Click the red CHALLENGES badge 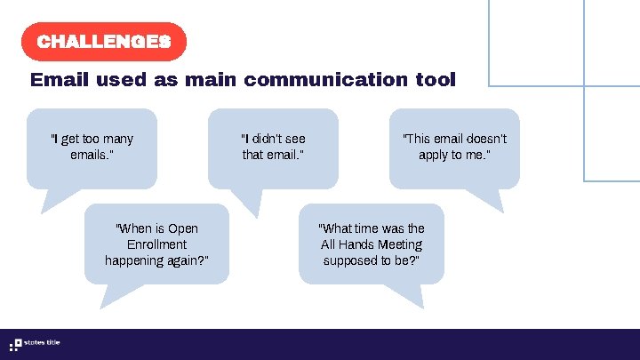click(x=103, y=42)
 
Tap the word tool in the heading click(x=435, y=80)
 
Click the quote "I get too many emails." click(x=92, y=147)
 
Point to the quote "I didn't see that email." click(x=273, y=147)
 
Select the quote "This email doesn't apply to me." click(x=454, y=147)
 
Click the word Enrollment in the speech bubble click(x=156, y=244)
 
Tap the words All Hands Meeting click(x=372, y=244)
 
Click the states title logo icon click(x=15, y=344)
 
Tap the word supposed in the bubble click(x=348, y=260)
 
